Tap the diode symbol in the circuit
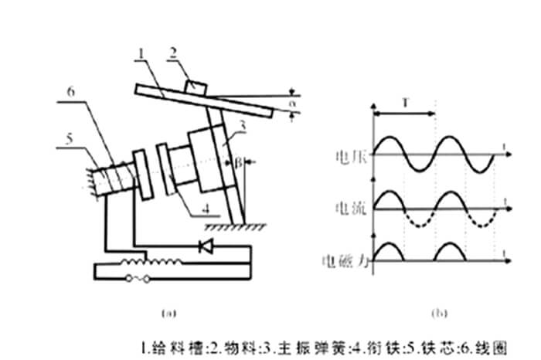point(206,247)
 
